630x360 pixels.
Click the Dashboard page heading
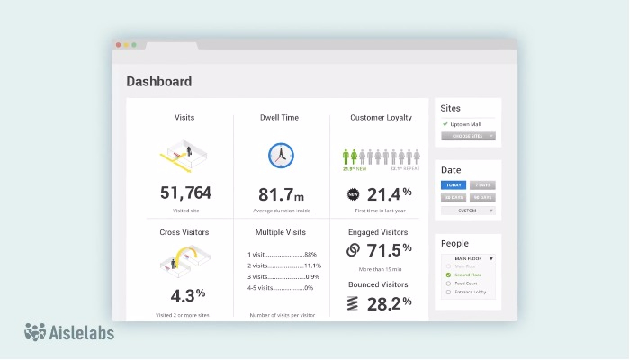158,82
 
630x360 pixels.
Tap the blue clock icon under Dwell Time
281,155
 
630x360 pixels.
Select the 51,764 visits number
185,193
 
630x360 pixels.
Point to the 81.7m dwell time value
281,193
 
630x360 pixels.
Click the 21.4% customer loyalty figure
388,193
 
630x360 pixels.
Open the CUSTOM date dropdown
468,210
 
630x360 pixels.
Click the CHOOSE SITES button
468,136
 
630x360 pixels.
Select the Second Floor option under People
467,274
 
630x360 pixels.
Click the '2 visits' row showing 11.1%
283,265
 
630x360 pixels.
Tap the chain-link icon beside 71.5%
354,250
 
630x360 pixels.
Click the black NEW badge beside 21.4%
354,193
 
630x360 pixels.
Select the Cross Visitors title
185,232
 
